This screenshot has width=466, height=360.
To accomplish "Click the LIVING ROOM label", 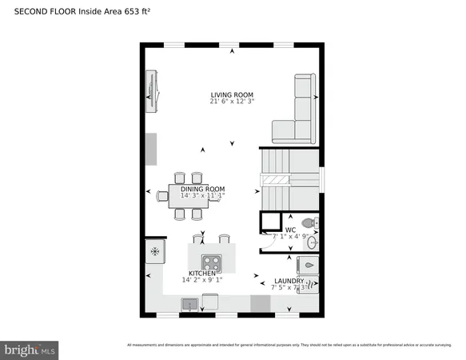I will point(232,94).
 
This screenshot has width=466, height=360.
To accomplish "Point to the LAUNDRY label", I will point(288,281).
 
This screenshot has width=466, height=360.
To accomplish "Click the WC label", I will point(290,230).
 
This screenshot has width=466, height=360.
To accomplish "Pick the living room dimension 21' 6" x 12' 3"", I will point(232,102).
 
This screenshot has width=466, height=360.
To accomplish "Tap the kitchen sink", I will point(190,303).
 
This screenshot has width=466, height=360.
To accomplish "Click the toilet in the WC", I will point(309,223).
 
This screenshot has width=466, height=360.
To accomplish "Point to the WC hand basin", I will point(313,242).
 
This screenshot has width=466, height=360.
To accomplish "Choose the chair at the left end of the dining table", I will point(162,194).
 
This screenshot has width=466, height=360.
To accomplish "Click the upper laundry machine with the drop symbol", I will point(309,266).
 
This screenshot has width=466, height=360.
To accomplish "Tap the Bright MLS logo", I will point(30,350).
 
